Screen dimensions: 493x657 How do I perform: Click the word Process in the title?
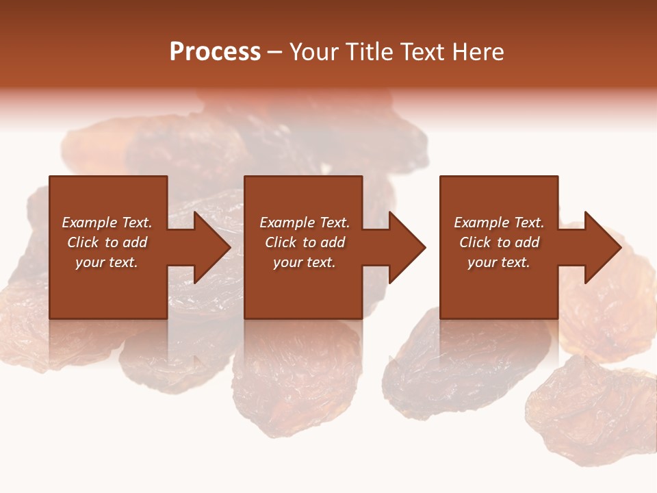215,52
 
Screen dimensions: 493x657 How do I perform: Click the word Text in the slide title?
424,52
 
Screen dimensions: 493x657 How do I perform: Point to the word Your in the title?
313,52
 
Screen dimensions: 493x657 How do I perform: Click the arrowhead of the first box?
209,247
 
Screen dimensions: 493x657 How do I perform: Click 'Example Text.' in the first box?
107,223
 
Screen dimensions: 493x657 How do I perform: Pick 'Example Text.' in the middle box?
305,223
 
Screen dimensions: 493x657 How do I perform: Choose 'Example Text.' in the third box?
499,223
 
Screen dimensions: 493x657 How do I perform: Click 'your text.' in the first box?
107,262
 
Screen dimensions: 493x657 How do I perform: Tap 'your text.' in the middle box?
305,262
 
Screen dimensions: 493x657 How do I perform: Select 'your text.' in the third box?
499,262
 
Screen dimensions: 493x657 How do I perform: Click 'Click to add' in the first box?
107,242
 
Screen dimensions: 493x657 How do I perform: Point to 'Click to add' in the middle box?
305,242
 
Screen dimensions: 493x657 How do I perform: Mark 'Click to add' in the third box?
499,242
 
